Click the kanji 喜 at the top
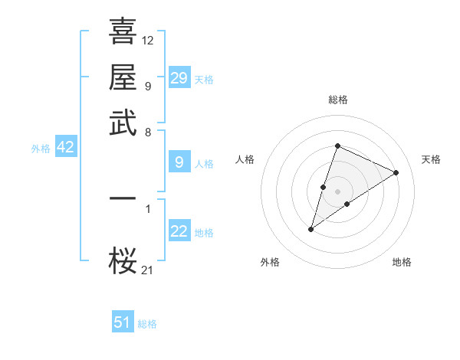pyautogui.click(x=123, y=33)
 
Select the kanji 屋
pyautogui.click(x=123, y=77)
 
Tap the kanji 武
pyautogui.click(x=123, y=123)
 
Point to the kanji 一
pyautogui.click(x=123, y=198)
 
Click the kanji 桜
pyautogui.click(x=123, y=262)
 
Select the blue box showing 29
pyautogui.click(x=179, y=78)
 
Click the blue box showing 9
pyautogui.click(x=179, y=162)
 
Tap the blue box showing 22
pyautogui.click(x=179, y=232)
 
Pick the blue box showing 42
pyautogui.click(x=65, y=148)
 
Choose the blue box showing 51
pyautogui.click(x=123, y=322)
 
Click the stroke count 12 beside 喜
pyautogui.click(x=148, y=40)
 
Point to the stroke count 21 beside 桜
pyautogui.click(x=148, y=269)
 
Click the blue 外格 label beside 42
pyautogui.click(x=41, y=149)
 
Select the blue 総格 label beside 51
pyautogui.click(x=147, y=324)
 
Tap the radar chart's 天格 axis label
pyautogui.click(x=431, y=159)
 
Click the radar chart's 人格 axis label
pyautogui.click(x=245, y=159)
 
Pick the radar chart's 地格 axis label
pyautogui.click(x=402, y=262)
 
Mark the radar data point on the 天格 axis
pyautogui.click(x=396, y=172)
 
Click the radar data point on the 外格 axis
pyautogui.click(x=311, y=229)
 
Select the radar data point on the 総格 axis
pyautogui.click(x=337, y=146)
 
